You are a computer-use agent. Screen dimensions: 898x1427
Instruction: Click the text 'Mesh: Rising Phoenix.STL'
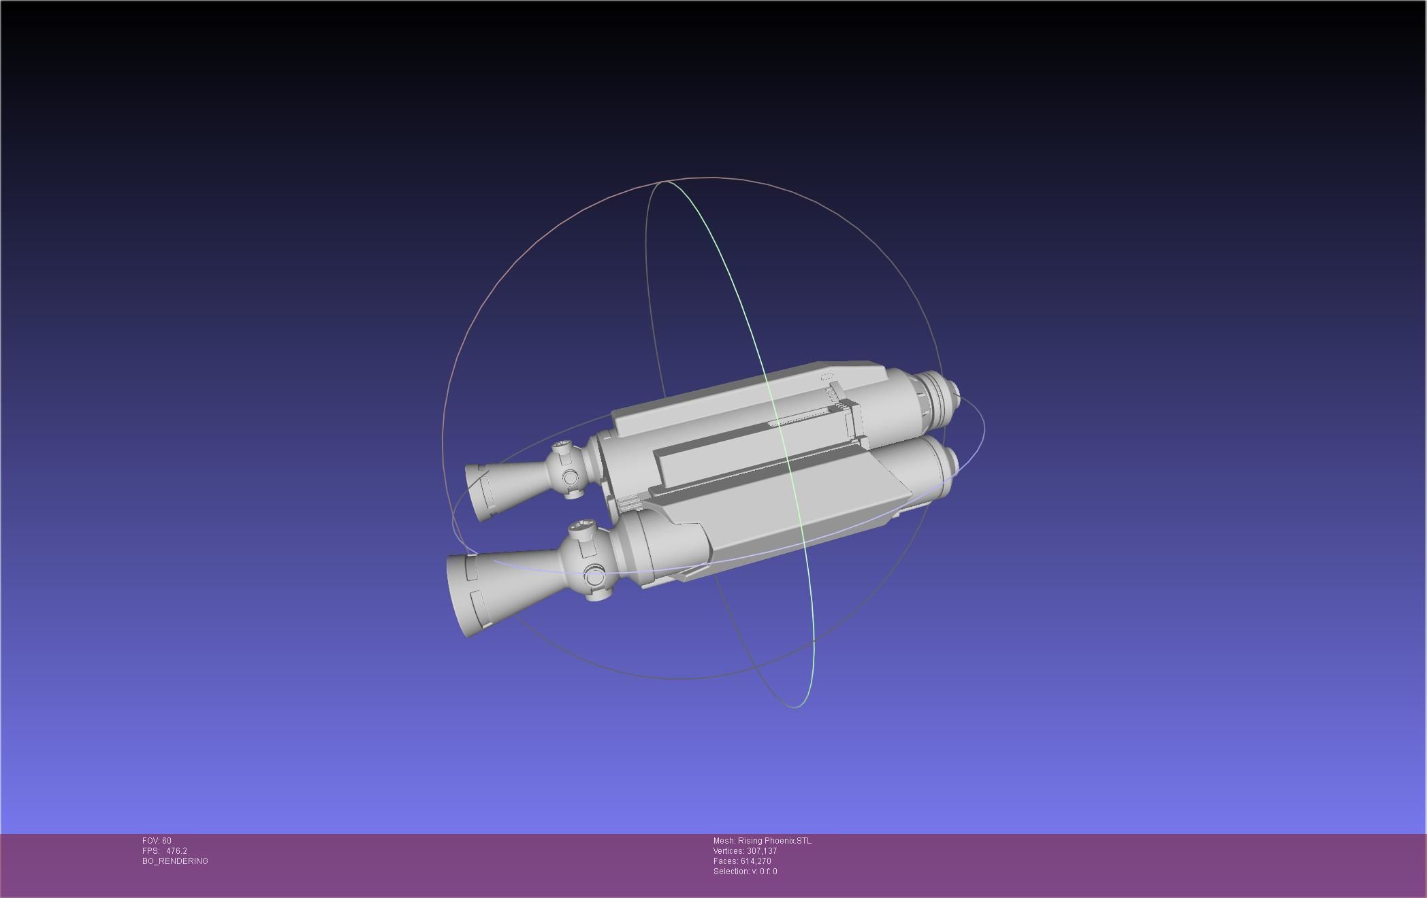[x=762, y=840]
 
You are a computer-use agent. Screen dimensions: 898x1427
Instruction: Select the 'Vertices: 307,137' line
[x=745, y=850]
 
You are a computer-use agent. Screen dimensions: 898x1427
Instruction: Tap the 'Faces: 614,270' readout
[x=742, y=861]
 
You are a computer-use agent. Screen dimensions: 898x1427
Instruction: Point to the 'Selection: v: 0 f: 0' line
[x=745, y=871]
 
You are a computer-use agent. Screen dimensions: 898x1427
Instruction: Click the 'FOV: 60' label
[x=157, y=840]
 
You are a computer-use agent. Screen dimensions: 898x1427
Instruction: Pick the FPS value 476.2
[x=176, y=850]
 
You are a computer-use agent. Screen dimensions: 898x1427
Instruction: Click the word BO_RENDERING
[x=175, y=861]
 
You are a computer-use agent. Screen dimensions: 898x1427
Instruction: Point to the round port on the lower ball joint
[x=594, y=578]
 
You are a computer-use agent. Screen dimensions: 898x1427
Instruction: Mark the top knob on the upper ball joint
[x=562, y=448]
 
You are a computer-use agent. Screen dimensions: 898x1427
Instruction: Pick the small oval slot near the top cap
[x=827, y=377]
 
